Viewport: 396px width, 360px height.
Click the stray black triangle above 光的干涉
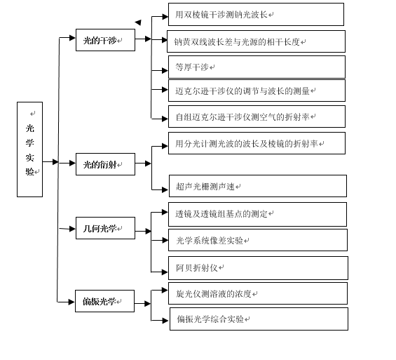pyautogui.click(x=138, y=22)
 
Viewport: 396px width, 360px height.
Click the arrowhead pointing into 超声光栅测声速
pyautogui.click(x=165, y=189)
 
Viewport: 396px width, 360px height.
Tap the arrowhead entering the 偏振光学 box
pyautogui.click(x=71, y=302)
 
